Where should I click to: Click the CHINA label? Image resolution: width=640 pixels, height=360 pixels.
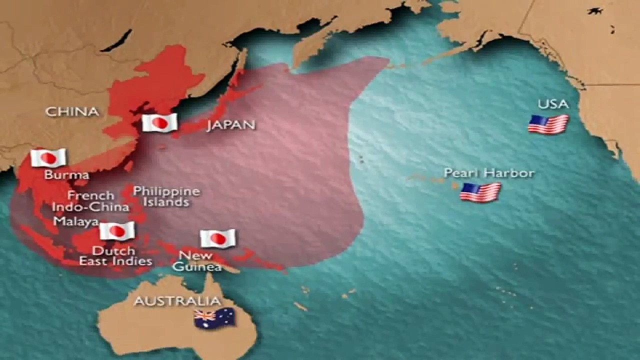[72, 111]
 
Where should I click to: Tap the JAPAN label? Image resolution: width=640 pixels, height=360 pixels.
[230, 124]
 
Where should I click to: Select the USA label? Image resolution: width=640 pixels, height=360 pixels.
[553, 104]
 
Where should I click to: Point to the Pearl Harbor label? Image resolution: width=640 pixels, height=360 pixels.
[489, 173]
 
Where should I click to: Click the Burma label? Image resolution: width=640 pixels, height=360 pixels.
[66, 175]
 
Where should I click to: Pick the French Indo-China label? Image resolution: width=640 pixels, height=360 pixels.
[91, 201]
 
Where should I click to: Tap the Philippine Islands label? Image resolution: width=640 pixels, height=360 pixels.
[166, 196]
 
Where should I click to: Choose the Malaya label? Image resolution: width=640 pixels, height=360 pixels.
[76, 221]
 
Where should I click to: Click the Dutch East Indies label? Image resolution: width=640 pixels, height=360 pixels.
[115, 255]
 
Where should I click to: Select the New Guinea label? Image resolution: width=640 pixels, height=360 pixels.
[196, 261]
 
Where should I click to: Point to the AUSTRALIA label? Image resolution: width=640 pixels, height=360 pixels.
[177, 301]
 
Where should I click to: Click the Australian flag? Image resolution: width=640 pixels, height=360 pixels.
[214, 318]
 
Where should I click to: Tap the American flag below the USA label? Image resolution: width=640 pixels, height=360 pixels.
[548, 124]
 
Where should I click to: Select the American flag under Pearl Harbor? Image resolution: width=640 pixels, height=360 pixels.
[480, 192]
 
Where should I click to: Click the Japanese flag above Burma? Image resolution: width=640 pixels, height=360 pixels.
[48, 158]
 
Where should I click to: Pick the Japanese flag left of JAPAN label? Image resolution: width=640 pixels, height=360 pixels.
[159, 122]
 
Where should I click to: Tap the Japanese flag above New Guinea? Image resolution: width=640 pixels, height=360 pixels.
[217, 238]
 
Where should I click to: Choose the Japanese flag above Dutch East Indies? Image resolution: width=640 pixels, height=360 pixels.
[117, 231]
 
